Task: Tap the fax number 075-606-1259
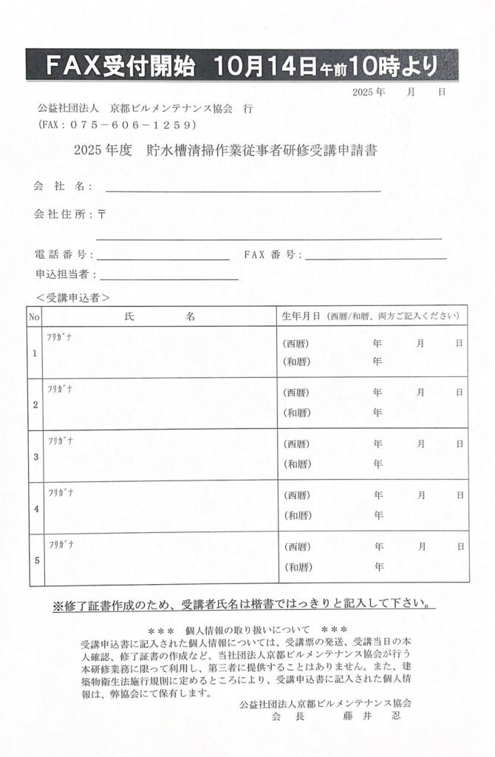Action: (x=118, y=124)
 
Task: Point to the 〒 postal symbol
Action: (x=101, y=214)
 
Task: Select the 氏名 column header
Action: (x=159, y=316)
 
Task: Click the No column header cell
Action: (x=34, y=316)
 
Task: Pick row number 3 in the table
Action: (x=35, y=456)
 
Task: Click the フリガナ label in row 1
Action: (x=60, y=338)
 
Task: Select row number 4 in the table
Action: (x=35, y=509)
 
